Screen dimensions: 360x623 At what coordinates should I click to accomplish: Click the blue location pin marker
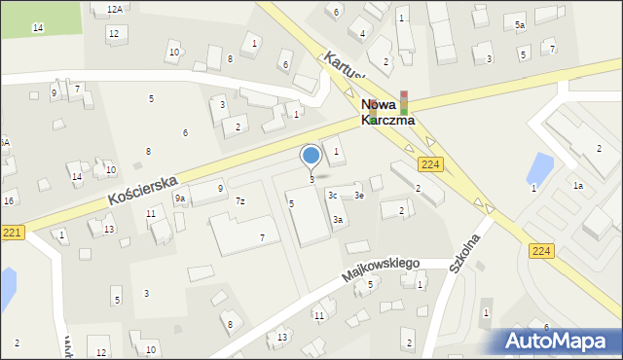tap(311, 156)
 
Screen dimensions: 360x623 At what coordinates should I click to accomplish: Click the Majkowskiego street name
tap(380, 270)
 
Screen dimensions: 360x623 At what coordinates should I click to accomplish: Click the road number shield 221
tap(11, 232)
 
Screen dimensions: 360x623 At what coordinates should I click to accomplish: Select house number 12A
tap(115, 9)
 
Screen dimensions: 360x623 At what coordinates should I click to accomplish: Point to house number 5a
tap(520, 24)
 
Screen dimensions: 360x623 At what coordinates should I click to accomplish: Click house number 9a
tap(180, 198)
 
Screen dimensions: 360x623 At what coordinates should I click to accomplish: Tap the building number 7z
tap(239, 201)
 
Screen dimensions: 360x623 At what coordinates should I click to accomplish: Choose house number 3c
tap(333, 196)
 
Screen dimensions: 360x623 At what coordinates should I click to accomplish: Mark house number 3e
tap(359, 196)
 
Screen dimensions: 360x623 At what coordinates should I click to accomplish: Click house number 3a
tap(337, 220)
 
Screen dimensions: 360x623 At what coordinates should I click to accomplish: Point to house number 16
tap(9, 200)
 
